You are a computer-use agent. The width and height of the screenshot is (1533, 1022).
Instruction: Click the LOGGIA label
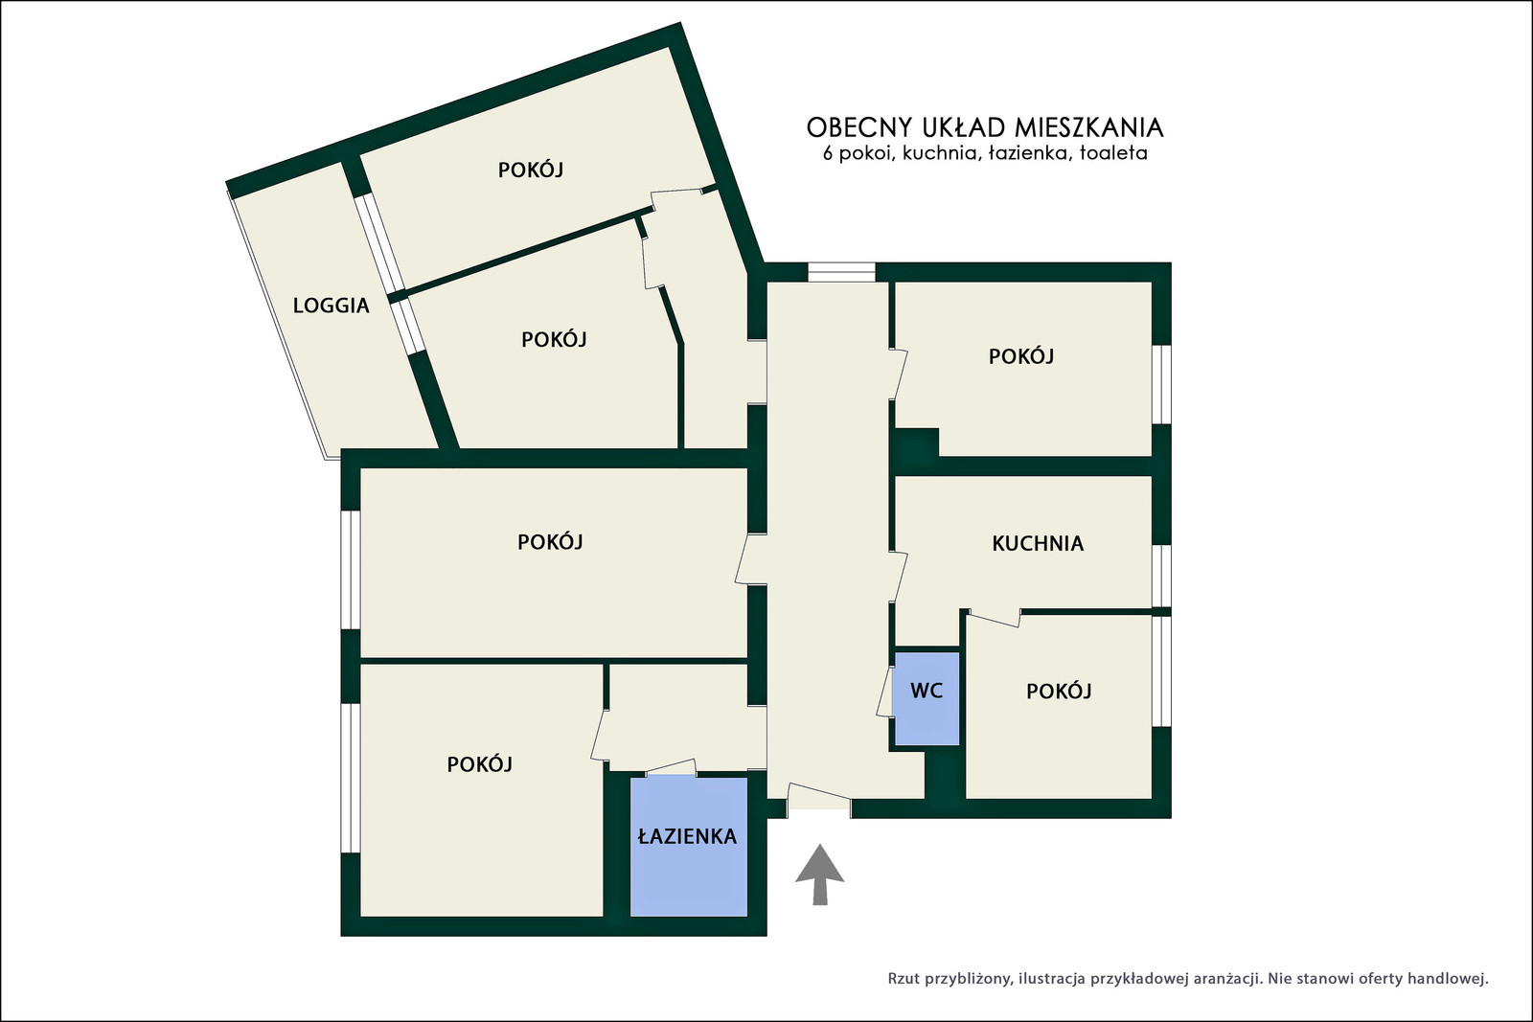pyautogui.click(x=332, y=306)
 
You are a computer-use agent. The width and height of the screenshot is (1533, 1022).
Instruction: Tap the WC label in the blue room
pyautogui.click(x=927, y=691)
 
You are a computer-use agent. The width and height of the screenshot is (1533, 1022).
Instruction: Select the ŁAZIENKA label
pyautogui.click(x=687, y=836)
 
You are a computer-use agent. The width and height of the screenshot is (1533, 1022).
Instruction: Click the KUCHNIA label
pyautogui.click(x=1038, y=543)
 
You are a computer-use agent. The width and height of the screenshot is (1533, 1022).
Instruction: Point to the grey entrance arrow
pyautogui.click(x=819, y=874)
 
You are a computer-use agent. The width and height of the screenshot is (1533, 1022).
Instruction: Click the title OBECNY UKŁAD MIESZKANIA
pyautogui.click(x=985, y=127)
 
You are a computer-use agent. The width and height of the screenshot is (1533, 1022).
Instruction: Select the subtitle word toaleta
pyautogui.click(x=1113, y=153)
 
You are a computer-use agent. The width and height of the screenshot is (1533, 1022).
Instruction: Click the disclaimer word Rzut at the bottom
pyautogui.click(x=904, y=979)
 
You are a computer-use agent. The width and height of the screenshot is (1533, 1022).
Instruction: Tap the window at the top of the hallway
pyautogui.click(x=841, y=272)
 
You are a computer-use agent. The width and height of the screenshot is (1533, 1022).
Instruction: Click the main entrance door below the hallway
pyautogui.click(x=818, y=801)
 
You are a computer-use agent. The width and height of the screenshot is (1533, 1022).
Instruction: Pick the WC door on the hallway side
pyautogui.click(x=885, y=692)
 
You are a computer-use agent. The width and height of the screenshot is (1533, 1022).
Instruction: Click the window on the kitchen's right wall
pyautogui.click(x=1161, y=576)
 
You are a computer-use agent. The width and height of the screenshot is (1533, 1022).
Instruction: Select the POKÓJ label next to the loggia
pyautogui.click(x=554, y=339)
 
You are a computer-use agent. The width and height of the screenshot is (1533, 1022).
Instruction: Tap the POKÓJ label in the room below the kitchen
pyautogui.click(x=1059, y=692)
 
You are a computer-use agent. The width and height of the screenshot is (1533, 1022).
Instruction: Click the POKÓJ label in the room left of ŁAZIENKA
pyautogui.click(x=479, y=764)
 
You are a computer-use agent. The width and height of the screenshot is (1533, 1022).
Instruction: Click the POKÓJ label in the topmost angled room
pyautogui.click(x=531, y=170)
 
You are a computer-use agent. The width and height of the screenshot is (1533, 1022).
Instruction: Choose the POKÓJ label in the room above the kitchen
pyautogui.click(x=1021, y=356)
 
